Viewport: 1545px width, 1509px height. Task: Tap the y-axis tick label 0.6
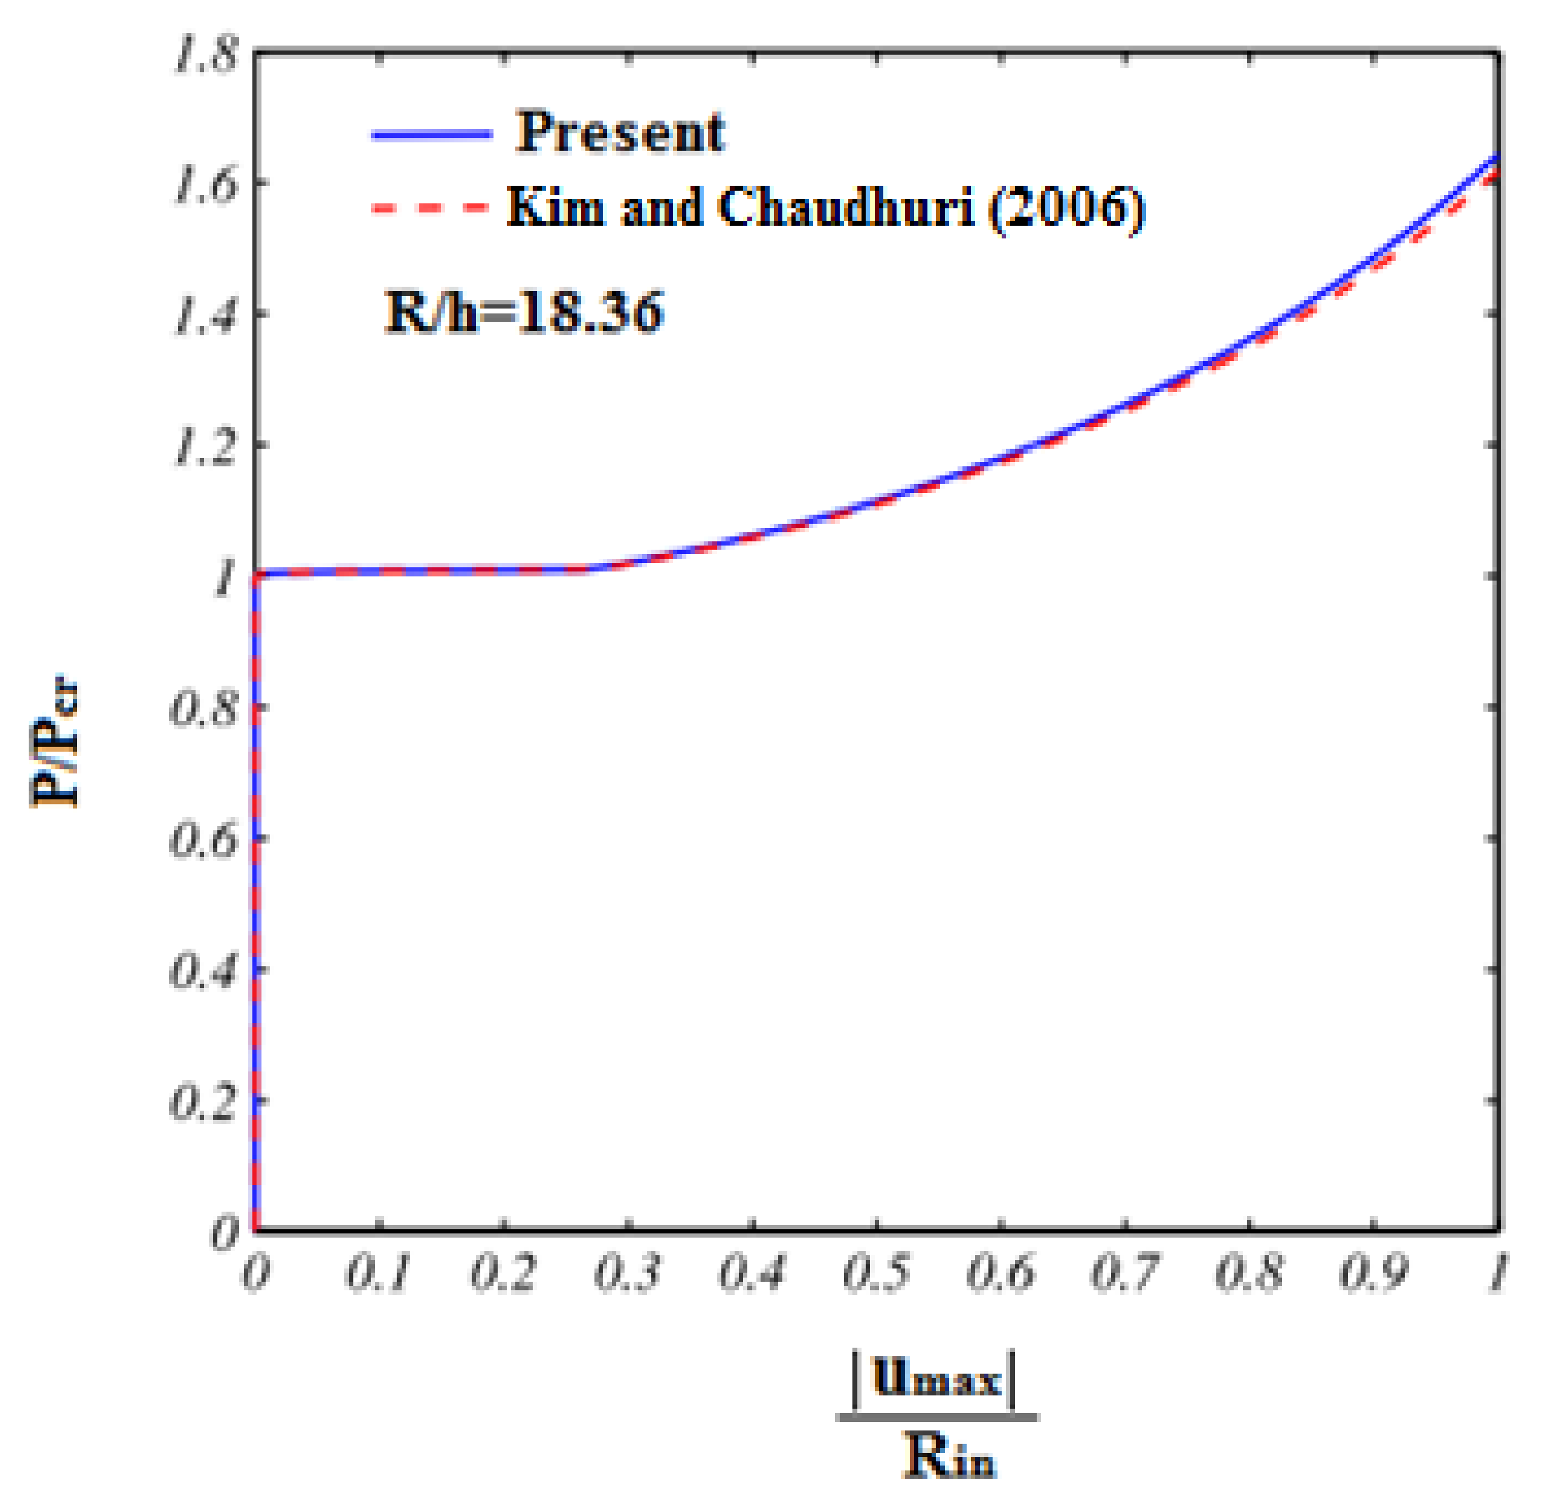[205, 840]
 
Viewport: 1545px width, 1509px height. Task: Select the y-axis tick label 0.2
[205, 1102]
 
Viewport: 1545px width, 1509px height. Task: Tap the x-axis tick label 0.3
[627, 1273]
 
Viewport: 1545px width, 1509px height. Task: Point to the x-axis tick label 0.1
[379, 1273]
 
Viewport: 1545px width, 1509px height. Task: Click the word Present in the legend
[620, 132]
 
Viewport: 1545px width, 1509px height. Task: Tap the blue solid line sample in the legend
[432, 135]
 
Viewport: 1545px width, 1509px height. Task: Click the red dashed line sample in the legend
[432, 208]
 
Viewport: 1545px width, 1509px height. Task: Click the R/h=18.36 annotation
[524, 311]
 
